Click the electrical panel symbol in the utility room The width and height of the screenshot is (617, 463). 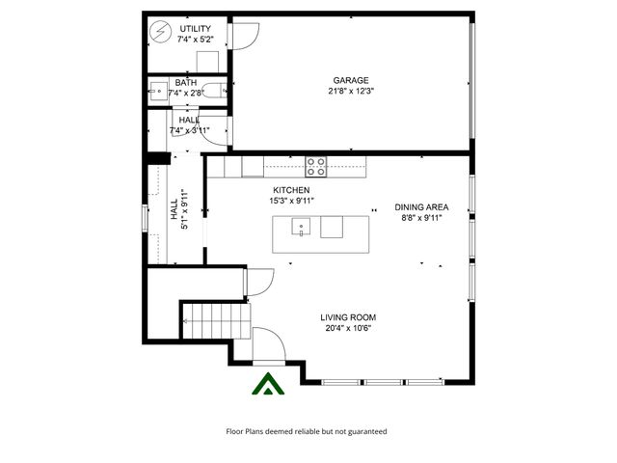(x=159, y=28)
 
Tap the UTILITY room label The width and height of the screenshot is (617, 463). (x=197, y=29)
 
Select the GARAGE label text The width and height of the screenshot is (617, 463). (x=351, y=80)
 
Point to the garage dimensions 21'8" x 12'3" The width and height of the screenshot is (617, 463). (x=351, y=92)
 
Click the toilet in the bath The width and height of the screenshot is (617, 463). (x=214, y=93)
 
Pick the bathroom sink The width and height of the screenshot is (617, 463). (x=156, y=93)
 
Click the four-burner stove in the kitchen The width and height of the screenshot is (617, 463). (x=316, y=166)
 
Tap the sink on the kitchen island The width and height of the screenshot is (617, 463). (x=301, y=229)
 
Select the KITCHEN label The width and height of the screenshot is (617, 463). (x=291, y=190)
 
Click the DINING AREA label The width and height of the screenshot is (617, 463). (x=421, y=206)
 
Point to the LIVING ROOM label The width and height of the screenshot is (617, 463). (x=348, y=317)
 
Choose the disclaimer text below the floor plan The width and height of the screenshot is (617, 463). (x=306, y=431)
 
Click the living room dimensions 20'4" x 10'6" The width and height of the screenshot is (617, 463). (x=348, y=329)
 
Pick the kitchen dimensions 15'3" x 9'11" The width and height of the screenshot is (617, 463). (x=291, y=202)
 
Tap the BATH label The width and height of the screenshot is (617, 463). (x=186, y=83)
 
